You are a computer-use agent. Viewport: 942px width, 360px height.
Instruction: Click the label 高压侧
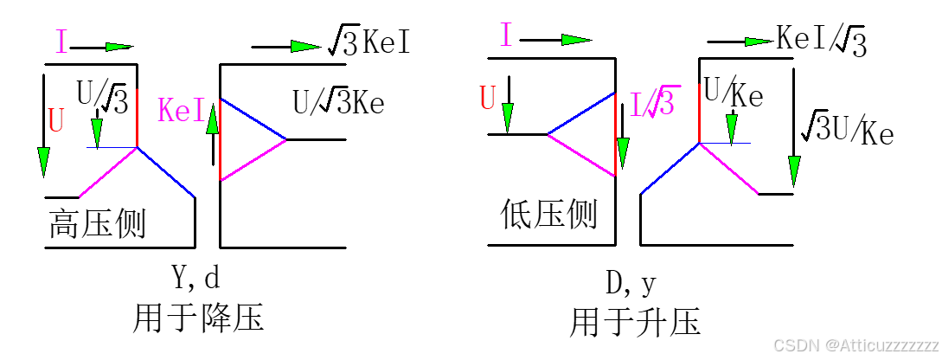[x=97, y=224]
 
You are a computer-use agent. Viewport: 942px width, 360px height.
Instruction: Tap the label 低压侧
[x=548, y=213]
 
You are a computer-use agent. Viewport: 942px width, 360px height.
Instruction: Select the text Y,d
[x=195, y=279]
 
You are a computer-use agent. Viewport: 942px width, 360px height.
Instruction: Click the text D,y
[x=631, y=284]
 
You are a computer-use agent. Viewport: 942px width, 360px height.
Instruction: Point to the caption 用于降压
[x=197, y=317]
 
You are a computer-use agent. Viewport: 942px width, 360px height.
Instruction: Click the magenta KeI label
[x=181, y=111]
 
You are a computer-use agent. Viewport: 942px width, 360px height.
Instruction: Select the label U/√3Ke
[x=338, y=104]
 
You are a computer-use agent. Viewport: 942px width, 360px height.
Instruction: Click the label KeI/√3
[x=822, y=40]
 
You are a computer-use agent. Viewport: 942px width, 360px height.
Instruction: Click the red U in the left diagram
[x=56, y=120]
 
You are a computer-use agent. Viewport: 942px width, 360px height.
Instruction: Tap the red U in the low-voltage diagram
[x=488, y=99]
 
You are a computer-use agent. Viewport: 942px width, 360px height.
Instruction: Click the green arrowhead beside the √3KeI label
[x=306, y=46]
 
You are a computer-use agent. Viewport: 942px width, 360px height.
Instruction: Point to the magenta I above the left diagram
[x=61, y=42]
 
